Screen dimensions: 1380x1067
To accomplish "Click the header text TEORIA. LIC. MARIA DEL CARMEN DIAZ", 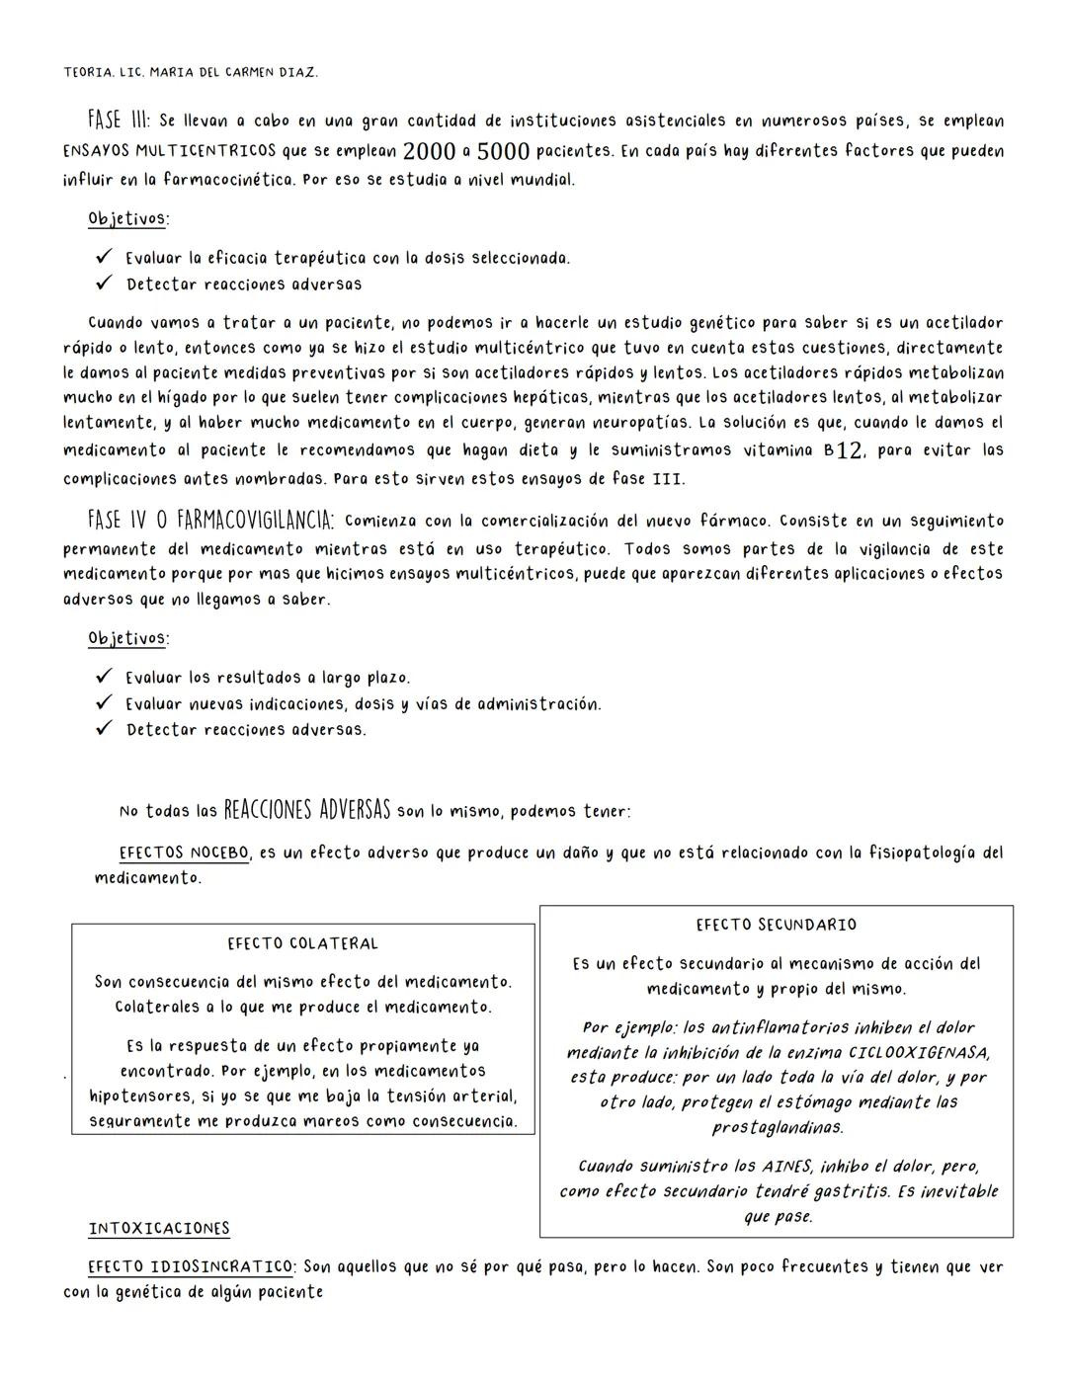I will (191, 72).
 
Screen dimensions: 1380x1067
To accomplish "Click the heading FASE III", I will (119, 121).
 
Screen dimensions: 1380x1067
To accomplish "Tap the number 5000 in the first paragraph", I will (503, 152).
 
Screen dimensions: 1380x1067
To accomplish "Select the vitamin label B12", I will (844, 451).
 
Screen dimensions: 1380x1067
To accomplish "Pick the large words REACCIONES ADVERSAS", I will (306, 810).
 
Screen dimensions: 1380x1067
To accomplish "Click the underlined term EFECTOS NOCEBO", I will (184, 852).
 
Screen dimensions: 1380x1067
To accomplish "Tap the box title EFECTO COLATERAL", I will (302, 943).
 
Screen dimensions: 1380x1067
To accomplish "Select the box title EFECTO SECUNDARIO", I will (776, 925).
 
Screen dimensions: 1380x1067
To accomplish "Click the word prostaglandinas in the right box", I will (778, 1127).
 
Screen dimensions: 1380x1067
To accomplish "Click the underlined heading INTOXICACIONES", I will (159, 1229).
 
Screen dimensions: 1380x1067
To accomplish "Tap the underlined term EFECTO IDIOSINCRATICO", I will (191, 1267).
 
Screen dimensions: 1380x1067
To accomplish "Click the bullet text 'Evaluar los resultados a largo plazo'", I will (267, 678).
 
